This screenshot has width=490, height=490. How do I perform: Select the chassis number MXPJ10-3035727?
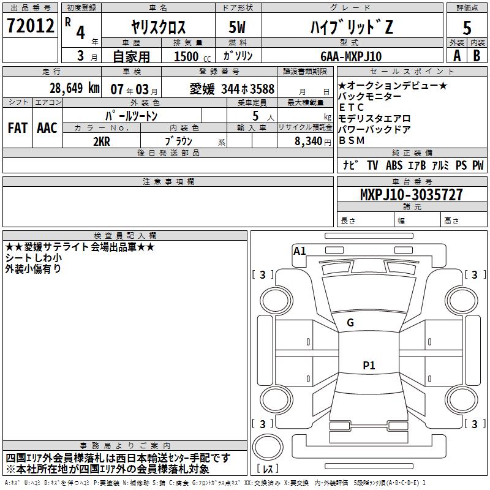point(411,195)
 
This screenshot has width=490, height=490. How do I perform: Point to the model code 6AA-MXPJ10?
point(350,56)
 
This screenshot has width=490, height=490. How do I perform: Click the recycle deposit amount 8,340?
point(304,140)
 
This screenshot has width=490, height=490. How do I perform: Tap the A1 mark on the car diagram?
point(300,251)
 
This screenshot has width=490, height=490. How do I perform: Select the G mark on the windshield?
point(350,322)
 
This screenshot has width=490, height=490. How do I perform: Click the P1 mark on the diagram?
point(369,366)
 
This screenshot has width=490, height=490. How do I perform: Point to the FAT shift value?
point(18,128)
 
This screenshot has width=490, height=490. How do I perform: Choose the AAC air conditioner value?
point(47,128)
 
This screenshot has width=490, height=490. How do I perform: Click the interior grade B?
point(477,56)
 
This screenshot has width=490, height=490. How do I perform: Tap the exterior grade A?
point(456,56)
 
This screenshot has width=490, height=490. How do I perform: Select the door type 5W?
point(238,27)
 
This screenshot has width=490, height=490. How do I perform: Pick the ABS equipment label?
point(394,165)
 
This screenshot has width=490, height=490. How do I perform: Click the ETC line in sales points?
point(351,108)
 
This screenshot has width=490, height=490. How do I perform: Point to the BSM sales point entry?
point(352,140)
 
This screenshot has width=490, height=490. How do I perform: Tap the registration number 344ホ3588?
point(248,89)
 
